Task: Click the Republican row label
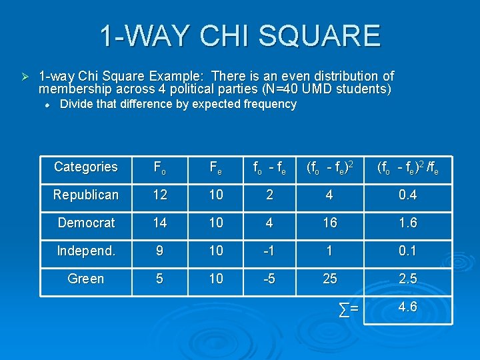[86, 195]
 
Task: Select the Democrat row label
[86, 223]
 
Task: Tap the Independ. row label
[86, 251]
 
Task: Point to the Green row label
[86, 279]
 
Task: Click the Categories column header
[86, 167]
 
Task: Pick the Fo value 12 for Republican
[160, 195]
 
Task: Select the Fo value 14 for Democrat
[160, 223]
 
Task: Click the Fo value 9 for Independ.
[160, 251]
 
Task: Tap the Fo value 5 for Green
[160, 279]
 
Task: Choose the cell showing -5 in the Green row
[269, 279]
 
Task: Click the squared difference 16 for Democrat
[330, 223]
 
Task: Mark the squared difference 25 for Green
[330, 279]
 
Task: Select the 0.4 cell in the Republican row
[407, 195]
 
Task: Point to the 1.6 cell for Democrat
[407, 223]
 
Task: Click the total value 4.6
[407, 307]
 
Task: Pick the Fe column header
[216, 167]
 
